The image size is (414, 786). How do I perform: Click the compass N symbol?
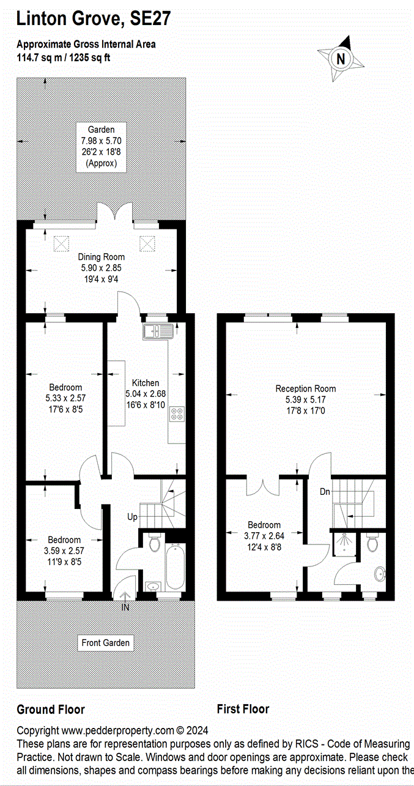341,59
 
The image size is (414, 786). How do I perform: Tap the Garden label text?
101,130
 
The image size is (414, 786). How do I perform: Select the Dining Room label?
101,257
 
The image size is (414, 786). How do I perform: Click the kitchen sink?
158,332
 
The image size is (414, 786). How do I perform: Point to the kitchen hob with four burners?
177,413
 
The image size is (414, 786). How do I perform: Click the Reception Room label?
305,388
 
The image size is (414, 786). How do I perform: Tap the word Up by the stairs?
133,517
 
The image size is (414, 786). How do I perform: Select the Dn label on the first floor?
325,491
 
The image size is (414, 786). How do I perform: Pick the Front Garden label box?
106,643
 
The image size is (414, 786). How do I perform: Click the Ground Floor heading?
50,710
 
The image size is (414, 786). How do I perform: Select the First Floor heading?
243,710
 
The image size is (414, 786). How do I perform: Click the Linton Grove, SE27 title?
93,19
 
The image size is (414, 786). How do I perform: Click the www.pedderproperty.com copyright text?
113,730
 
